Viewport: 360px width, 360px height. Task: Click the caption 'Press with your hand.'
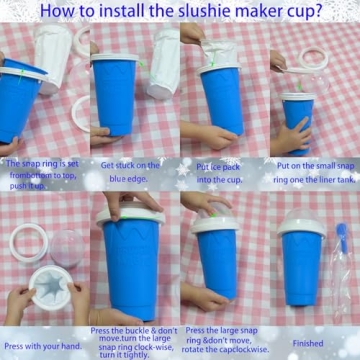pyautogui.click(x=43, y=344)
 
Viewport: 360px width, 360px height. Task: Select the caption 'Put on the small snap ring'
pyautogui.click(x=314, y=169)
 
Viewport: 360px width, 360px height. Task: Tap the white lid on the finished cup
pyautogui.click(x=302, y=224)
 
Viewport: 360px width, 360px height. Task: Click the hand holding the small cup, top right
pyautogui.click(x=290, y=135)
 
